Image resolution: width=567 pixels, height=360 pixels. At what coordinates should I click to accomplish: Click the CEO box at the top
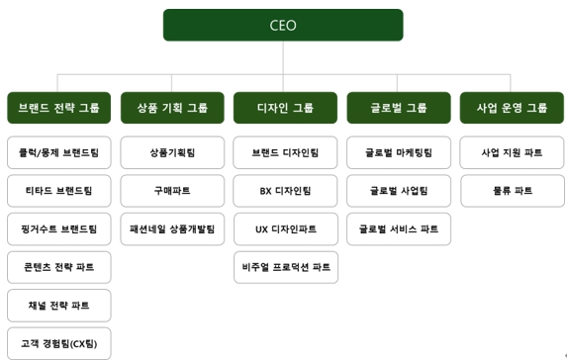point(283,25)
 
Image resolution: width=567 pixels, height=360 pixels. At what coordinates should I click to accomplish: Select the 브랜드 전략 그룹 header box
point(58,108)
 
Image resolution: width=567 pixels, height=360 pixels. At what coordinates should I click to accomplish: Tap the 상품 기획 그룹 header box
point(172,108)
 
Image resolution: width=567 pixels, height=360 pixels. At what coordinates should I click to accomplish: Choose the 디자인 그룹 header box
point(285,108)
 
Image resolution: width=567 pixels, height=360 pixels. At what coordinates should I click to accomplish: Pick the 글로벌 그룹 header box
point(399,108)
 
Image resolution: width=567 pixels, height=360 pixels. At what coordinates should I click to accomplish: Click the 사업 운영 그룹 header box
point(512,108)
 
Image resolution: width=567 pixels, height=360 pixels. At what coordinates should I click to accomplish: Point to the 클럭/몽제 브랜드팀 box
point(58,153)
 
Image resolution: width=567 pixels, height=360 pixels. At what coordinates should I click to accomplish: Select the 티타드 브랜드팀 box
point(58,191)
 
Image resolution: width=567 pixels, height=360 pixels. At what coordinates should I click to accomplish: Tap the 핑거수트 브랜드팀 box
point(58,228)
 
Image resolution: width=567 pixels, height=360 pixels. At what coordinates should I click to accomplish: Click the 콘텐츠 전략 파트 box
point(58,267)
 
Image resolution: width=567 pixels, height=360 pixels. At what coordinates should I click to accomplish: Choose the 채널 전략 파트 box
point(58,305)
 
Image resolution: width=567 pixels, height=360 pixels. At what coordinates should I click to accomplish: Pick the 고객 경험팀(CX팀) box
point(58,342)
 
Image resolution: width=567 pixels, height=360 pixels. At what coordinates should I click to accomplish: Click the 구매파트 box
point(172,191)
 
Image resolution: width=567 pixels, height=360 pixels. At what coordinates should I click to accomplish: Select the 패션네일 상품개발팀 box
point(172,228)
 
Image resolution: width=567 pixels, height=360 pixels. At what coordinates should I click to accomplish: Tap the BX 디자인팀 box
point(285,191)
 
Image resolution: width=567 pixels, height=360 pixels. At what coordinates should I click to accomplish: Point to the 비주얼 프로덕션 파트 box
point(285,267)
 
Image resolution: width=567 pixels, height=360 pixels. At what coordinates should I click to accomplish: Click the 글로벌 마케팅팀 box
point(399,153)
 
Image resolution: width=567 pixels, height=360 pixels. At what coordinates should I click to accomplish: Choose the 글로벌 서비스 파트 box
point(399,228)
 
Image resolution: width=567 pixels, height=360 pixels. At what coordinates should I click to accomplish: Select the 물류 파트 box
point(512,191)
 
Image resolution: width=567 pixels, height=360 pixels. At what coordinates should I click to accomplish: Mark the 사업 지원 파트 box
point(512,153)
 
